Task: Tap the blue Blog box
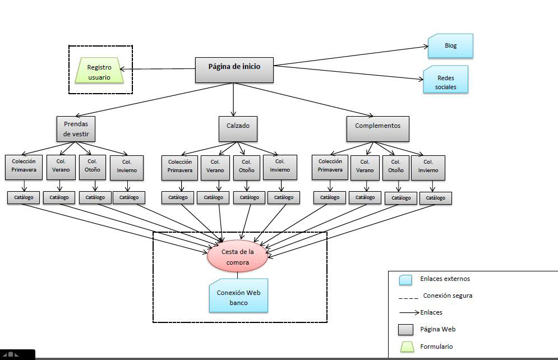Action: tap(450, 46)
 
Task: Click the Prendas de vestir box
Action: tap(76, 129)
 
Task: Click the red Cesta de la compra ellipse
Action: tap(238, 257)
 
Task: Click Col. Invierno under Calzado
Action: tap(280, 167)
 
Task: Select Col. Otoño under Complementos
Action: tap(396, 168)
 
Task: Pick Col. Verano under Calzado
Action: tap(215, 167)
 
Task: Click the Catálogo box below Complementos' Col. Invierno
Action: tap(435, 198)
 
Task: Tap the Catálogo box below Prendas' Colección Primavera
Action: tap(24, 197)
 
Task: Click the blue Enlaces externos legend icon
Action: tap(405, 279)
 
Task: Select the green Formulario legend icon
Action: tap(405, 347)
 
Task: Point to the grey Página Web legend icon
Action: tap(405, 329)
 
